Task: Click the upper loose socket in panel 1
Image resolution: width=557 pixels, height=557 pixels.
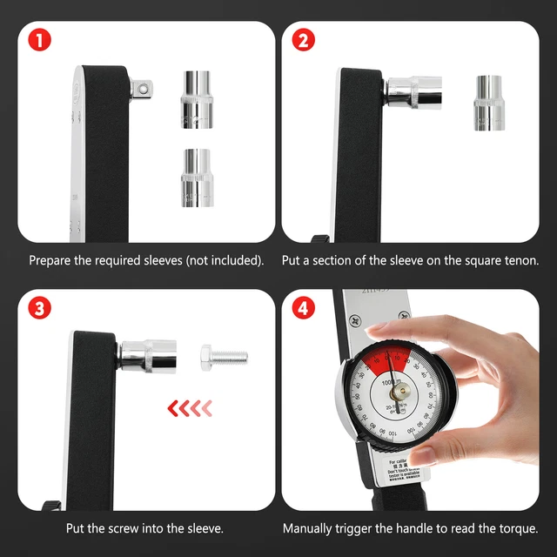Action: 198,99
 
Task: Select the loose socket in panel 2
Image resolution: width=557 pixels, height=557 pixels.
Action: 490,103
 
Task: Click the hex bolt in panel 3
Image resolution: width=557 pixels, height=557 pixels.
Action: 223,356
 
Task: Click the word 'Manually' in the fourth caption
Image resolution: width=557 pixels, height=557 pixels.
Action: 308,528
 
